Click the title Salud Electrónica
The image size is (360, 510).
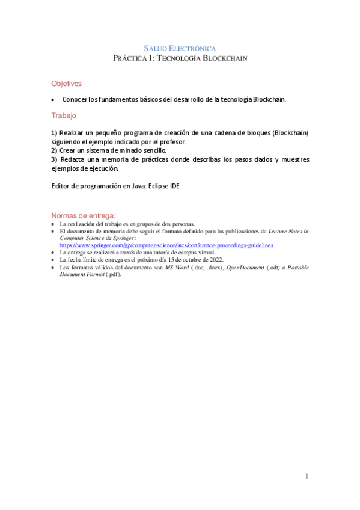point(180,48)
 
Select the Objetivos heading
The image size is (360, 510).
point(66,84)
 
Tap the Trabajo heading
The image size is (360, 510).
point(64,115)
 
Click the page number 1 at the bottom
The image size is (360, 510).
point(307,477)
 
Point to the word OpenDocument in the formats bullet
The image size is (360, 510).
point(244,267)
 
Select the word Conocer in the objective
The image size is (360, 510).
point(77,99)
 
